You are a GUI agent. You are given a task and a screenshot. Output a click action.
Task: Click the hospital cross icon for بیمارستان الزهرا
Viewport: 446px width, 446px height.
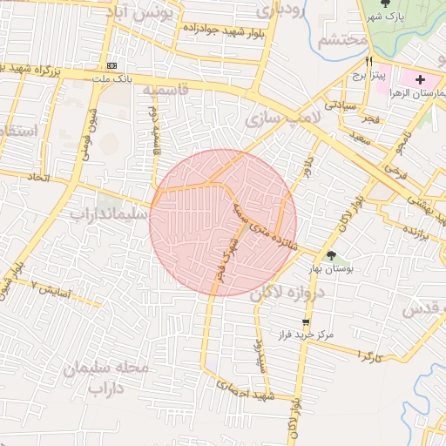click(x=421, y=79)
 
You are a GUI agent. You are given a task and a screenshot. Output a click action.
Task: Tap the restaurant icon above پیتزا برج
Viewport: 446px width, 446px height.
click(x=369, y=62)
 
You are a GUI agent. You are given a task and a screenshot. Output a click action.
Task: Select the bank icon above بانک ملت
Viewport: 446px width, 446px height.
click(x=111, y=65)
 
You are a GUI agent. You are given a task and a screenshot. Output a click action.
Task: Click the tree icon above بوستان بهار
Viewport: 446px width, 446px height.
click(x=331, y=254)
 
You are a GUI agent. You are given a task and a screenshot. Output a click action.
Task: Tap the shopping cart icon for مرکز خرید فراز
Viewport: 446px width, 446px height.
click(x=304, y=322)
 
